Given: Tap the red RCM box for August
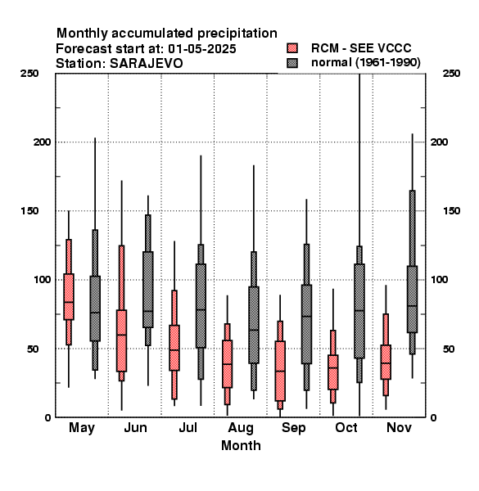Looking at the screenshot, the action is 227,364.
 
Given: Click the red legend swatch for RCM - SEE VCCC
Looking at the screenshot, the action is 292,48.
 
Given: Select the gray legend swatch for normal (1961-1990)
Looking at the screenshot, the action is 292,63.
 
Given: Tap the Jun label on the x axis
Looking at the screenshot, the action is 135,428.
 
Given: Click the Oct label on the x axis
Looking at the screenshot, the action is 346,427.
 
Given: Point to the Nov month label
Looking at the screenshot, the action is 399,427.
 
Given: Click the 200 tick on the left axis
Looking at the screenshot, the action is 42,142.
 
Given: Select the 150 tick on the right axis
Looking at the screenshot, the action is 451,211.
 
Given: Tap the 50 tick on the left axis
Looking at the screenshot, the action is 32,349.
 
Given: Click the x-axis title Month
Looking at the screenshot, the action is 241,445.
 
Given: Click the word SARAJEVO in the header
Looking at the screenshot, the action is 147,64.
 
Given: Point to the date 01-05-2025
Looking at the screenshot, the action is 202,49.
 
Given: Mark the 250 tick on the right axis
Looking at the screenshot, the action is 451,74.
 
